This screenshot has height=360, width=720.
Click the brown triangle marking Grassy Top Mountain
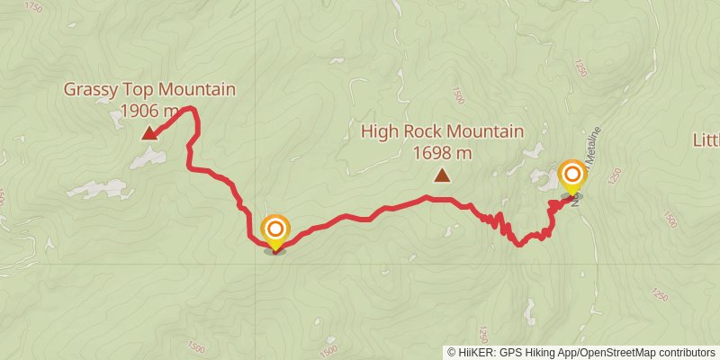coord(149,134)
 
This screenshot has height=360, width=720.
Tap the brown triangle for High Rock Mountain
coord(441,175)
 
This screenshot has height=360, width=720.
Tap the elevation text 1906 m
coord(149,111)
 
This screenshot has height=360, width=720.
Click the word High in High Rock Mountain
coord(378,131)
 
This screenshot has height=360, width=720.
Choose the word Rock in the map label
coord(421,131)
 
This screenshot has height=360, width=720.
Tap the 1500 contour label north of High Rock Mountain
coord(459,95)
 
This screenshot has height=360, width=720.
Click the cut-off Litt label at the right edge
coord(706,139)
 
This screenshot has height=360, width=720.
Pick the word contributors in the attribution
coord(686,352)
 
